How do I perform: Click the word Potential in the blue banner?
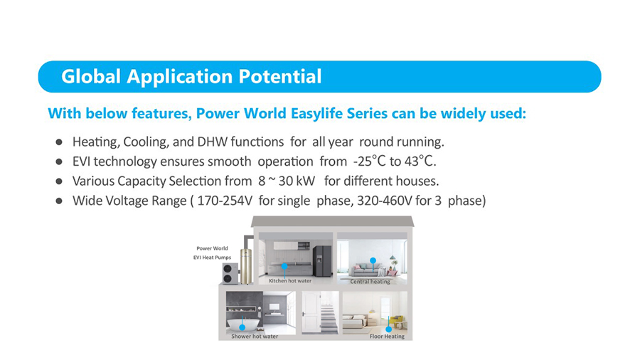280,76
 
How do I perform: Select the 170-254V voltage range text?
225,201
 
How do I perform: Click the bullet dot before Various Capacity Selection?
59,181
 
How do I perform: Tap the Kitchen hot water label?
290,281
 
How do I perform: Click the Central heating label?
370,282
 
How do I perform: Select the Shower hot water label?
255,337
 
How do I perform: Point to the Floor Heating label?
387,337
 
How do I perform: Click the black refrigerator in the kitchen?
322,261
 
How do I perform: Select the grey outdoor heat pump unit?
230,273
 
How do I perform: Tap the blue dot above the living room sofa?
373,260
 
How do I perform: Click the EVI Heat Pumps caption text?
212,258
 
